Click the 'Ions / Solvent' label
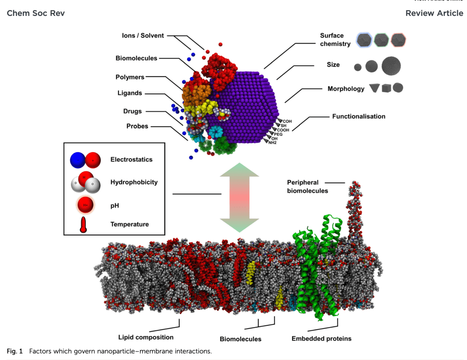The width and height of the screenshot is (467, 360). [143, 36]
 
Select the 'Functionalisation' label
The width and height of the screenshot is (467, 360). [358, 116]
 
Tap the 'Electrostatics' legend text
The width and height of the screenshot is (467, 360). [131, 159]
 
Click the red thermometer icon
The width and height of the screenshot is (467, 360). [83, 225]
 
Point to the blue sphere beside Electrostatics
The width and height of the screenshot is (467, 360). [78, 160]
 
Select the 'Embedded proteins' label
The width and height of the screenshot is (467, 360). [322, 339]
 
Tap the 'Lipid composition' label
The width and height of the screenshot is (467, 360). [146, 337]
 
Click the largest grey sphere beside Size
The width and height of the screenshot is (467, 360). [391, 66]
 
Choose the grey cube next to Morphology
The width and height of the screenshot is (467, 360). [387, 88]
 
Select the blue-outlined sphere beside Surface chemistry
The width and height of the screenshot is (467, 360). [364, 40]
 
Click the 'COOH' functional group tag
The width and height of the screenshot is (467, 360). [283, 130]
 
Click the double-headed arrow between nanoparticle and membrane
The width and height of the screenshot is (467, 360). [239, 198]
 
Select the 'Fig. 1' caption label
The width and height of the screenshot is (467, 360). [15, 351]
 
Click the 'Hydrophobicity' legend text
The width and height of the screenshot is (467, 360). [134, 182]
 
